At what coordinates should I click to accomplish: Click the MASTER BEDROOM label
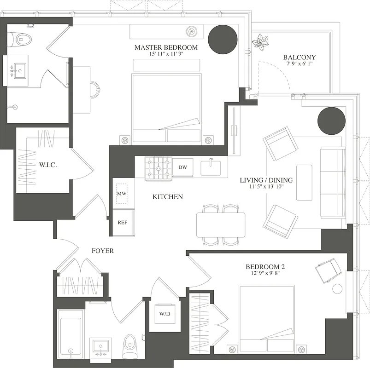[x=166, y=47]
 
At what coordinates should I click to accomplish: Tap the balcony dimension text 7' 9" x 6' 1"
[x=299, y=65]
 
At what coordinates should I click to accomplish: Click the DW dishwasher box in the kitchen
[x=182, y=167]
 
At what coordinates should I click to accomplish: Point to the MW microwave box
[x=122, y=194]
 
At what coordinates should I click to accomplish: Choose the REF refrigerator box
[x=123, y=222]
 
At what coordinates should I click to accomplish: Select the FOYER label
[x=102, y=251]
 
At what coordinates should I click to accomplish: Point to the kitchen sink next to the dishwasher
[x=211, y=167]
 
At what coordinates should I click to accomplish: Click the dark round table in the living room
[x=331, y=120]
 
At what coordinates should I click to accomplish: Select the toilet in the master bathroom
[x=20, y=40]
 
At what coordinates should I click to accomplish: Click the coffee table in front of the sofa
[x=304, y=182]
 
